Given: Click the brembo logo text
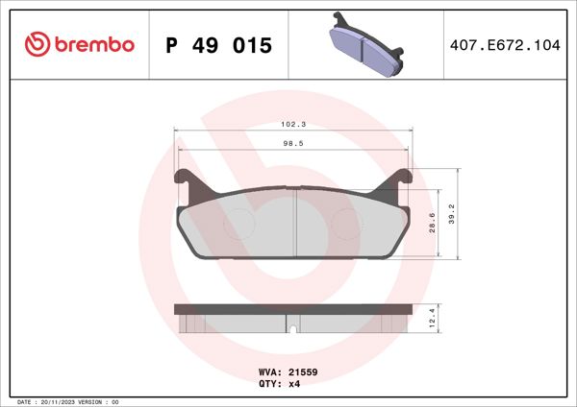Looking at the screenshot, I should pyautogui.click(x=93, y=45).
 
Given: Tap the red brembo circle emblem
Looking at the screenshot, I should pyautogui.click(x=36, y=45).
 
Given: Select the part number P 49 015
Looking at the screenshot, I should pyautogui.click(x=219, y=46).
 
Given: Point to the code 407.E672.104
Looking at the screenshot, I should pyautogui.click(x=504, y=46).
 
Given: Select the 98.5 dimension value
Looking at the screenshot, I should pyautogui.click(x=292, y=143).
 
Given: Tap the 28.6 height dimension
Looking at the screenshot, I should pyautogui.click(x=434, y=223).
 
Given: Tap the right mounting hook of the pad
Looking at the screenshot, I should pyautogui.click(x=405, y=180).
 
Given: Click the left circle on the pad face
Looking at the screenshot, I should pyautogui.click(x=238, y=226).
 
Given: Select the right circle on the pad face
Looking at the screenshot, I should pyautogui.click(x=346, y=226).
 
